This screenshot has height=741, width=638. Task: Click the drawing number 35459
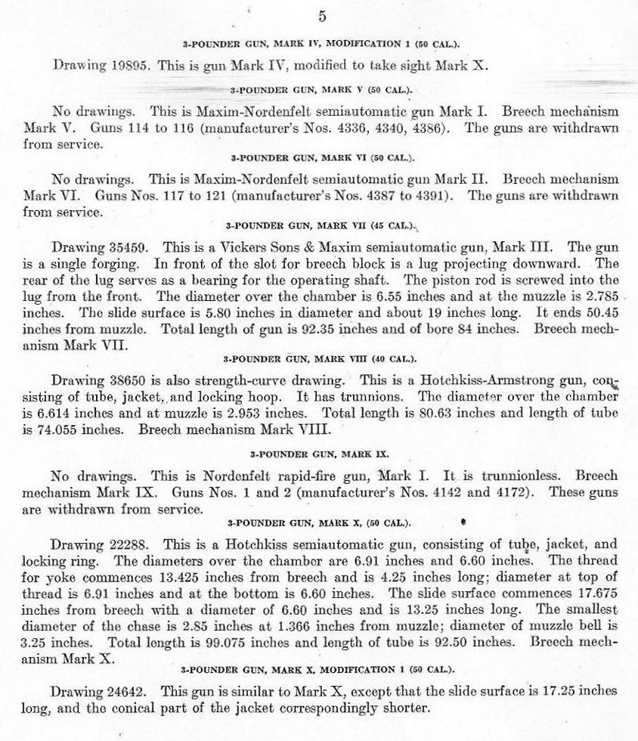coord(122,247)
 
